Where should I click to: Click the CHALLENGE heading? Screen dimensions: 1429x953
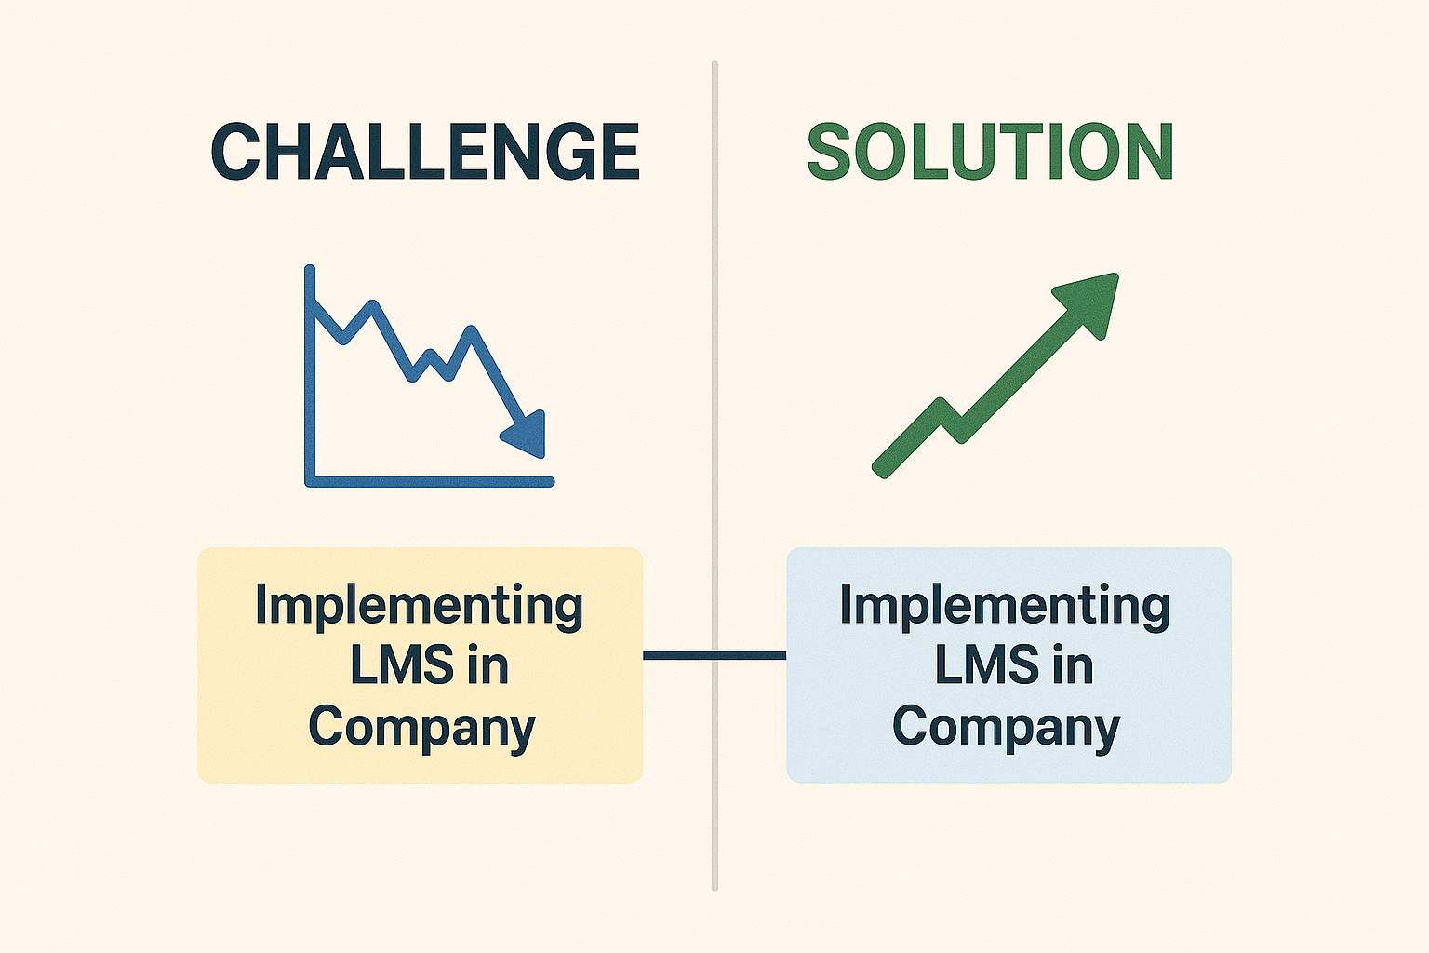tap(425, 152)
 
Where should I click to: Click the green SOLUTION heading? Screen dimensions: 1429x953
tap(990, 152)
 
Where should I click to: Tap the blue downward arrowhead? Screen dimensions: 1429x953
tap(525, 434)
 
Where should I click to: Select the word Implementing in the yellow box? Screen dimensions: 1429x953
tap(420, 607)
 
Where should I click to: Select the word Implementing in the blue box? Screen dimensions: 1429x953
tap(1005, 607)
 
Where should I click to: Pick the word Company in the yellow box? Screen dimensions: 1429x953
tap(421, 729)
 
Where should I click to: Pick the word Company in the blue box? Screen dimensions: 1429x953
tap(1006, 729)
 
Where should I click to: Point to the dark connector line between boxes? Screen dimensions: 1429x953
tap(714, 655)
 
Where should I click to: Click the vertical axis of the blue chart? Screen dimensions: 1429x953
tap(310, 375)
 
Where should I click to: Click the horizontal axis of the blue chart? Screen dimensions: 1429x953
tap(429, 482)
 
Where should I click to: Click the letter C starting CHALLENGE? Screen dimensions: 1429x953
tap(234, 152)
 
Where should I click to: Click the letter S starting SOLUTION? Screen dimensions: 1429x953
tap(829, 152)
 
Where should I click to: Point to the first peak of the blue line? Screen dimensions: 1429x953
tap(372, 306)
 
